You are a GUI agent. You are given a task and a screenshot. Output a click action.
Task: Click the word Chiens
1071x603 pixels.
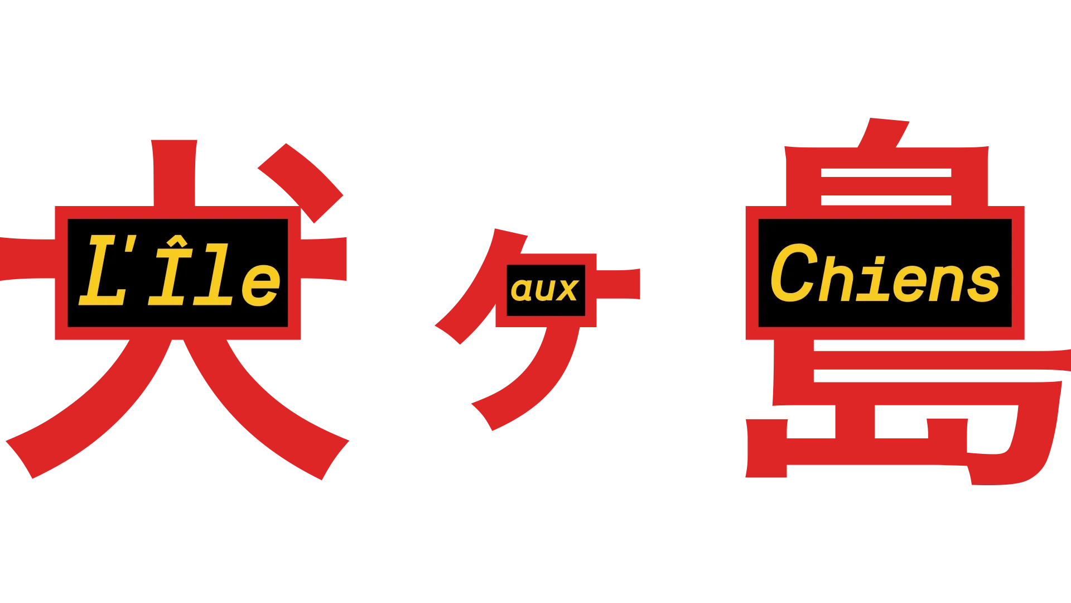(885, 274)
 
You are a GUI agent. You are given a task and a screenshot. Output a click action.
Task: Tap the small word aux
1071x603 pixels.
(545, 290)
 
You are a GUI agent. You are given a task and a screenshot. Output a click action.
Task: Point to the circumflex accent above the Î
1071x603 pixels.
(177, 241)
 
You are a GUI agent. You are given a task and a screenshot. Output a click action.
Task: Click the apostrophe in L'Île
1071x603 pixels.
(131, 244)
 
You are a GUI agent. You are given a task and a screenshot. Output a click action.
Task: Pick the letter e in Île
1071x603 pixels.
(261, 284)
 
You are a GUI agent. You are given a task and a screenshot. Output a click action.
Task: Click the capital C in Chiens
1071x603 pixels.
(794, 273)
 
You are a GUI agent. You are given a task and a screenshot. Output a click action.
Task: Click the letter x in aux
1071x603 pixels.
(567, 290)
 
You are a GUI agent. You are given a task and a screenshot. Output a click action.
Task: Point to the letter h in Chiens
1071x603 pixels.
(837, 278)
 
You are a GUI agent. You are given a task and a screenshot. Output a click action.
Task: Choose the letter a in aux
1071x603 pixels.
(522, 290)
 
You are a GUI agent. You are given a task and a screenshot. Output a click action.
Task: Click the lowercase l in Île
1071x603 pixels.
(214, 274)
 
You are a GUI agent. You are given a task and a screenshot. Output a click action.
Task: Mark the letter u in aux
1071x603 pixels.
(544, 290)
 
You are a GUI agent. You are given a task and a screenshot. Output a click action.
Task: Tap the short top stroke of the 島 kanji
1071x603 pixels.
(884, 133)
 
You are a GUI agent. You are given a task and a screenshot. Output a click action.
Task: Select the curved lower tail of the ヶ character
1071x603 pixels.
(530, 380)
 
